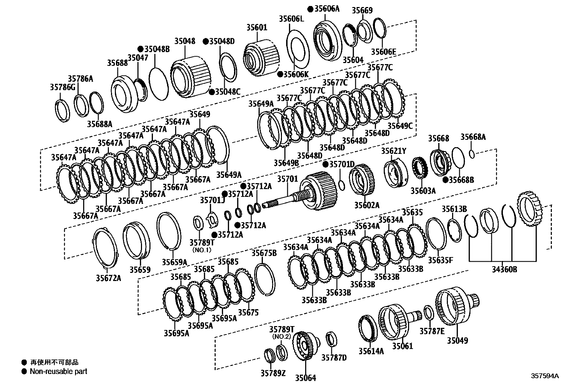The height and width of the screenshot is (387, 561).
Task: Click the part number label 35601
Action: click(257, 27)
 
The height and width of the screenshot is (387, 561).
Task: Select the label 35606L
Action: click(291, 19)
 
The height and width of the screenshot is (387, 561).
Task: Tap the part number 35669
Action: click(362, 11)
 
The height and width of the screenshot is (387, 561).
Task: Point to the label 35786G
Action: click(62, 87)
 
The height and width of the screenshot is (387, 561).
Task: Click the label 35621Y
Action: click(394, 151)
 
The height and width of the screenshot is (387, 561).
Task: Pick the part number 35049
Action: click(458, 340)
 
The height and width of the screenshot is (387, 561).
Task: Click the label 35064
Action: click(305, 378)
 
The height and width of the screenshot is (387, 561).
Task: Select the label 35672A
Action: click(108, 278)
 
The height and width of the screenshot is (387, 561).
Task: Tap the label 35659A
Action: click(174, 262)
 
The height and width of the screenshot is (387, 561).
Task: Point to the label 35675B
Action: click(264, 253)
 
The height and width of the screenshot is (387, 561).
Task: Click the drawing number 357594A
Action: click(545, 376)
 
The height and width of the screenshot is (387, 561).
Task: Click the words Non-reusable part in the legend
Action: click(58, 371)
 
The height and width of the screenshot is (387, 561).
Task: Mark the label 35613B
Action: click(454, 210)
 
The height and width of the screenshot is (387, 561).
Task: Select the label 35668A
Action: click(473, 137)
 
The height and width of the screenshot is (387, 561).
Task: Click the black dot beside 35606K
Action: click(280, 74)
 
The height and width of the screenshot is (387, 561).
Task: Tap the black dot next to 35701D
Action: click(326, 164)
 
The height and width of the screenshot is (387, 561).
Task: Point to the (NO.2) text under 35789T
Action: click(282, 336)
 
